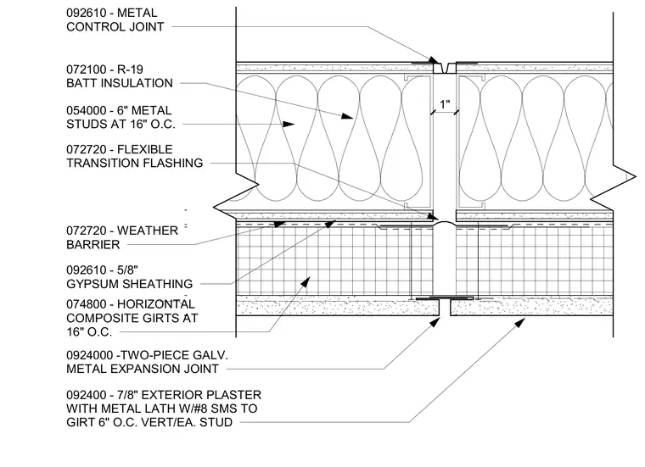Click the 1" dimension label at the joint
(x=445, y=104)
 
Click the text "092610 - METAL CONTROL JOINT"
(x=115, y=19)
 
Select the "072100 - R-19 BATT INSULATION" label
(x=120, y=76)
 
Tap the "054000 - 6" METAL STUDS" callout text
(x=121, y=117)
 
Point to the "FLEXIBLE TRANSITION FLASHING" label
(x=134, y=156)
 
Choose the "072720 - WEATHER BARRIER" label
(x=122, y=237)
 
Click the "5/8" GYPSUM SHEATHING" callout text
(x=130, y=277)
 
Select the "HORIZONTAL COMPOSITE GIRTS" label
(x=132, y=318)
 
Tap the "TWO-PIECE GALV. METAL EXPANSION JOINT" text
(x=147, y=362)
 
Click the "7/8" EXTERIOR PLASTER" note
(x=164, y=409)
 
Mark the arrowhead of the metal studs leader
(x=289, y=124)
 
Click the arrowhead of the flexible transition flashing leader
(x=433, y=216)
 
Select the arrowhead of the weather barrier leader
(x=280, y=225)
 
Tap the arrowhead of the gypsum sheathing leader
(x=331, y=224)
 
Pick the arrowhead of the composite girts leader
(x=306, y=281)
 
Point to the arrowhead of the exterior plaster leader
(x=520, y=322)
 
